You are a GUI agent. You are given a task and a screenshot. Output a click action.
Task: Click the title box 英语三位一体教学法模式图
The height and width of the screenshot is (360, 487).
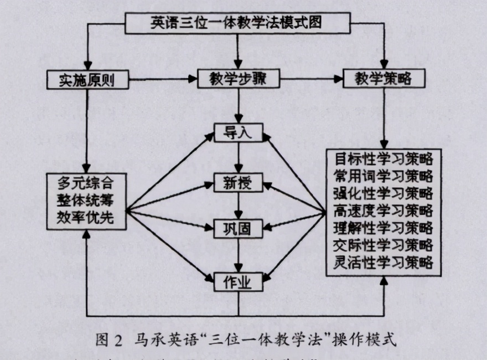coord(238,23)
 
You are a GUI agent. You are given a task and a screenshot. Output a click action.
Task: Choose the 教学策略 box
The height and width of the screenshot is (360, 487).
coord(384,80)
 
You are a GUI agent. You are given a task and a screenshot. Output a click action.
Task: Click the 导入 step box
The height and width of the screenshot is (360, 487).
coord(237,133)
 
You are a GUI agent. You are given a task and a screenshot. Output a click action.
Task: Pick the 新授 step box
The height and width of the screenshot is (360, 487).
coord(237,183)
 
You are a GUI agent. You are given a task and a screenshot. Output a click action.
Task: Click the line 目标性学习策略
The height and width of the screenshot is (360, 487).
coord(384,158)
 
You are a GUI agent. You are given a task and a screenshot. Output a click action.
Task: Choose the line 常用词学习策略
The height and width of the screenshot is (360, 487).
coord(384,176)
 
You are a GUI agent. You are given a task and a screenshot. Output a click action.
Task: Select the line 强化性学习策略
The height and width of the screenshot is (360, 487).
coord(384,193)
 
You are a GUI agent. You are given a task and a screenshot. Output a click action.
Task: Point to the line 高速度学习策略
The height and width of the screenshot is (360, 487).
coord(384,210)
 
